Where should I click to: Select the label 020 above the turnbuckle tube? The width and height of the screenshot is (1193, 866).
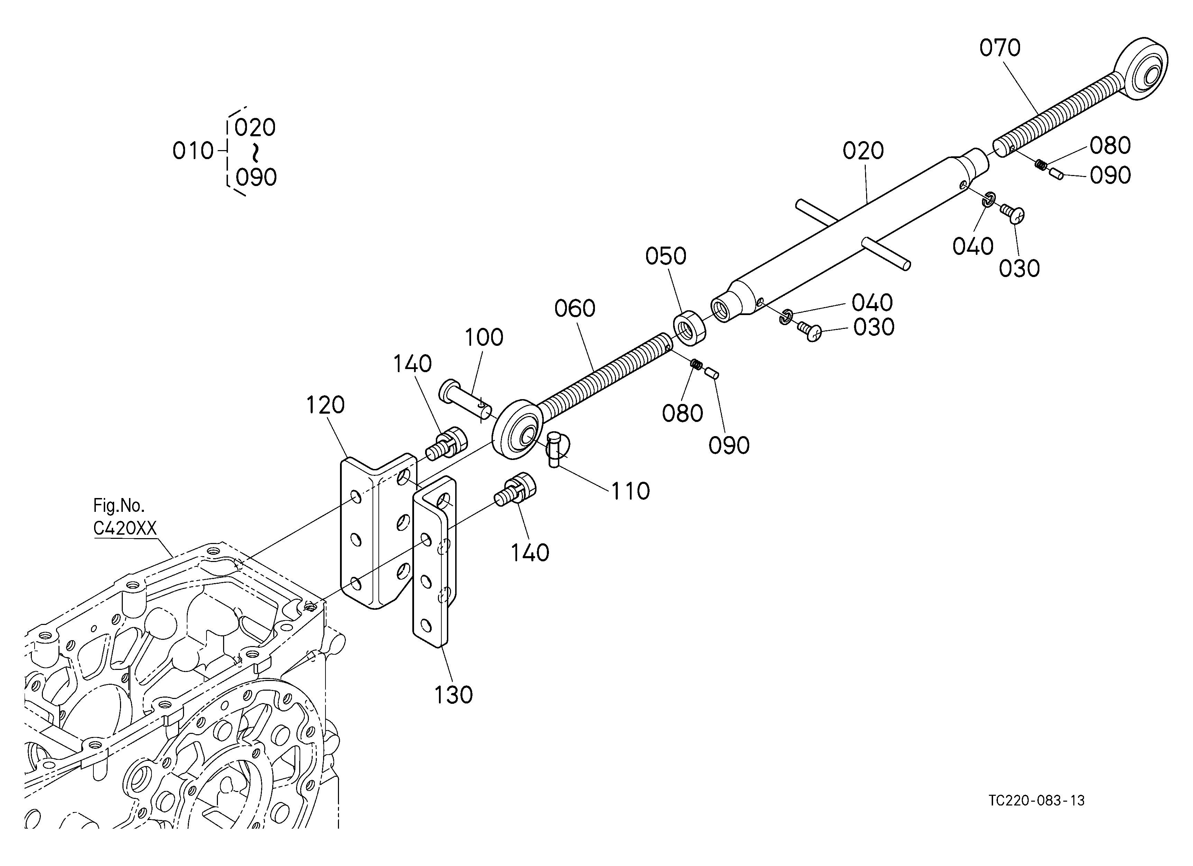tap(863, 151)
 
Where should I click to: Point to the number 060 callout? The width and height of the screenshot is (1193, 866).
tap(575, 308)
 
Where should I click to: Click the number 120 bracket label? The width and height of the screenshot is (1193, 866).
tap(325, 405)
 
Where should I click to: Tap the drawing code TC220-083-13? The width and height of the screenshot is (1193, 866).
tap(1037, 800)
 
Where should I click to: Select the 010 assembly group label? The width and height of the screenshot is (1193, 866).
tap(193, 151)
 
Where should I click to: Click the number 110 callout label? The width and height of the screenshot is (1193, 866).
tap(630, 492)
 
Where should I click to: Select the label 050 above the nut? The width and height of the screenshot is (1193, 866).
tap(666, 257)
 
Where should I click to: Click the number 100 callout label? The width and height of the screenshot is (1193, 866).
tap(484, 338)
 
